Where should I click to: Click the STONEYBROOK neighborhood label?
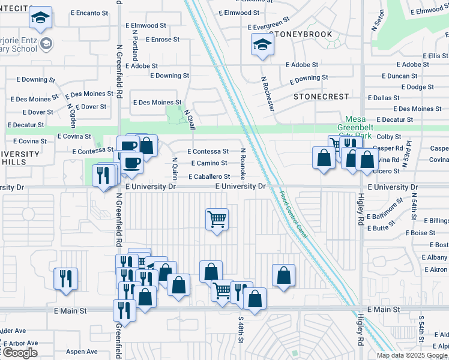tap(304, 34)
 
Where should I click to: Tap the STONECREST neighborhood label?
tap(321, 96)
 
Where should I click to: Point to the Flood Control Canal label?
tap(294, 214)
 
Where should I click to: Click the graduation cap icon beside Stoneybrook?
tap(262, 44)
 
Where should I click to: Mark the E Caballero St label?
tap(208, 177)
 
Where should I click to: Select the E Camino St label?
tap(209, 163)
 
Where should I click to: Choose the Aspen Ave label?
tap(82, 352)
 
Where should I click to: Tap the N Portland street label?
tap(136, 47)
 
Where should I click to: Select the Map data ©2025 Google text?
tap(411, 355)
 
